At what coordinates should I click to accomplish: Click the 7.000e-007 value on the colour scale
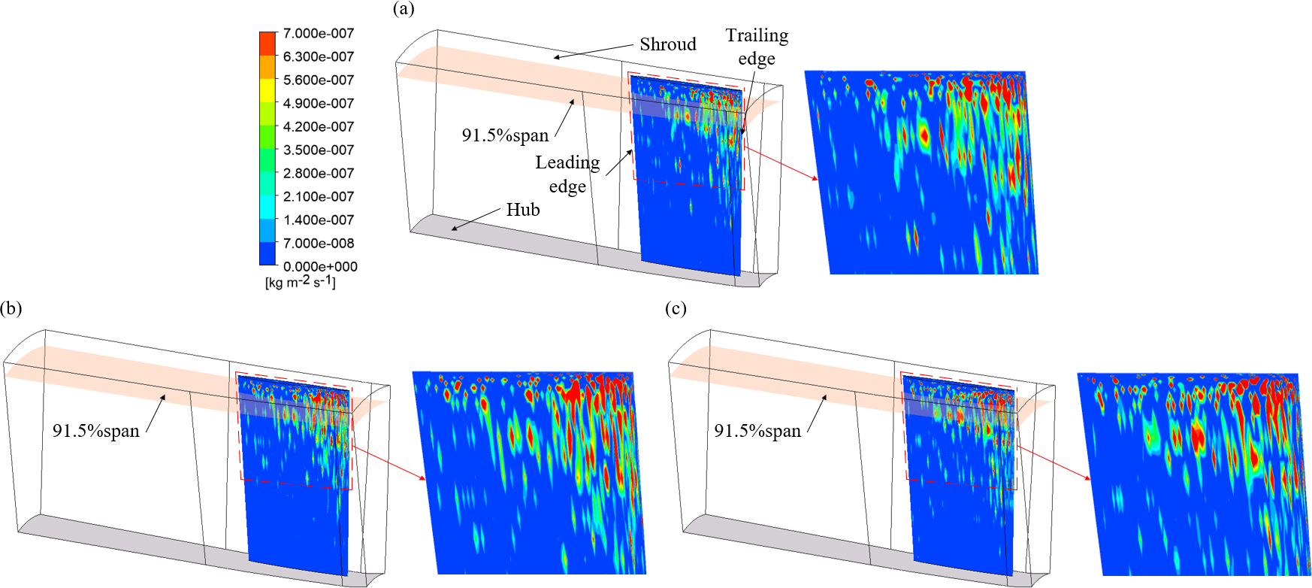point(318,33)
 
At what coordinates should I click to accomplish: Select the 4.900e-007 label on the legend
point(318,103)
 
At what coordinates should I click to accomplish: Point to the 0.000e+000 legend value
point(320,266)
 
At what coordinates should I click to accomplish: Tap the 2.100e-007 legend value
point(318,196)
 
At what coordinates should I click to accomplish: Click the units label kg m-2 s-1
point(301,282)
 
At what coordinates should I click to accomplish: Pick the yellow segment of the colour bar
point(268,90)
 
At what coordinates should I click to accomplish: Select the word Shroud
point(668,44)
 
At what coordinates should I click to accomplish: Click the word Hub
point(523,210)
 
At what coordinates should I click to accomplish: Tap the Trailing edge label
point(757,47)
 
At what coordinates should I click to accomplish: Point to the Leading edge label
point(567,174)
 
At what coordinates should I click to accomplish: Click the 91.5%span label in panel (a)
point(505,135)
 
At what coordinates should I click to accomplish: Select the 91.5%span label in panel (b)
point(96,431)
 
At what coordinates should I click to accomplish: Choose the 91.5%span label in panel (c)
point(757,431)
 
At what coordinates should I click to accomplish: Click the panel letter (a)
point(404,9)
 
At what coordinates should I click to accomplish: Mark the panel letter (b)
point(11,308)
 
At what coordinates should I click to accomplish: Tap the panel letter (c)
point(676,308)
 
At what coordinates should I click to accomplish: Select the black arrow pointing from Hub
point(476,218)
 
